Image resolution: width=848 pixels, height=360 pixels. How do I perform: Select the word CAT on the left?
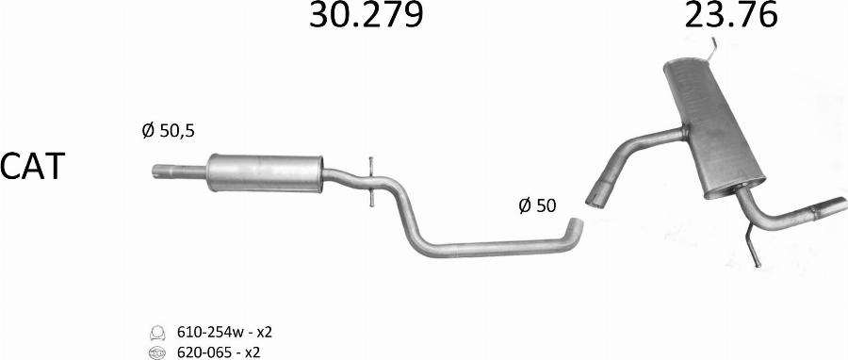click(x=32, y=166)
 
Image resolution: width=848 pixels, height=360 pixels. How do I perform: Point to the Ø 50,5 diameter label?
click(x=169, y=130)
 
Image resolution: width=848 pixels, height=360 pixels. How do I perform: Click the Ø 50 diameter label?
click(x=537, y=205)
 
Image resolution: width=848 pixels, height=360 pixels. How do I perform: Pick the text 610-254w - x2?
click(x=224, y=332)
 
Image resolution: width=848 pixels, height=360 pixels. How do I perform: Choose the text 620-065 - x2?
click(x=219, y=352)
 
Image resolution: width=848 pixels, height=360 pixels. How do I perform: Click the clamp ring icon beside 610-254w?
click(x=156, y=332)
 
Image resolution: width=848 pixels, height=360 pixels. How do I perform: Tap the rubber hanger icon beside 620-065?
click(x=156, y=353)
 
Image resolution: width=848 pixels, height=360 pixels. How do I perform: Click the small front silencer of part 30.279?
click(x=265, y=173)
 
